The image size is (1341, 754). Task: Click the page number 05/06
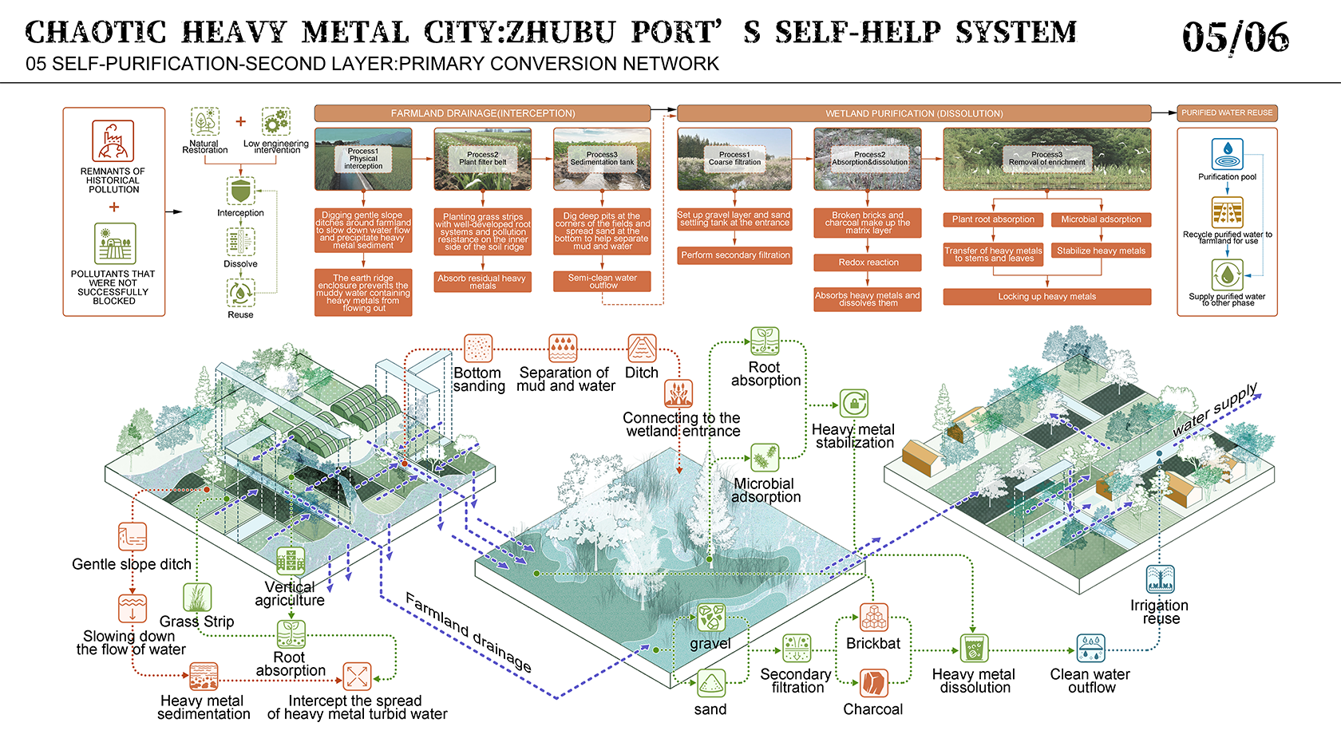(1235, 37)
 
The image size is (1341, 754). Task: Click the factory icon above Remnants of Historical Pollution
(113, 141)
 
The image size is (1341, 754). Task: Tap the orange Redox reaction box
(868, 263)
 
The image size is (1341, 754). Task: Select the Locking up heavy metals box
(1046, 297)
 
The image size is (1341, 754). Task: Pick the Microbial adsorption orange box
(1101, 219)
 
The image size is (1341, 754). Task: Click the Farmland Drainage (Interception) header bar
(482, 113)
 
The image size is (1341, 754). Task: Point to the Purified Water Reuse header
(1227, 113)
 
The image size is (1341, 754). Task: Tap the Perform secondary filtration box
(735, 255)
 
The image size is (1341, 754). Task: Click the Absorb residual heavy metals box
(482, 282)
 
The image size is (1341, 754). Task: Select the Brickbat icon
(874, 618)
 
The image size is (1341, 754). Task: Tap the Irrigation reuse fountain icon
(1160, 579)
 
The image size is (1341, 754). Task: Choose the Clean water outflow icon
(1090, 648)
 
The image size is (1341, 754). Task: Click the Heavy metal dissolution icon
(974, 648)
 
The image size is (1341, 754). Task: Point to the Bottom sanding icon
(478, 349)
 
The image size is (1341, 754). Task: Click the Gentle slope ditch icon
(133, 537)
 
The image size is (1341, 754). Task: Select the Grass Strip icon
(197, 597)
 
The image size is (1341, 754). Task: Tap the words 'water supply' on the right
(1215, 409)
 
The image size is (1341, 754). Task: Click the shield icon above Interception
(240, 191)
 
